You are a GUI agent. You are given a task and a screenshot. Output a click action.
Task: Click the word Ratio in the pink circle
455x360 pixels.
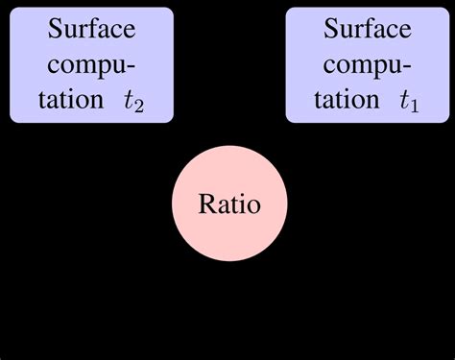(228, 205)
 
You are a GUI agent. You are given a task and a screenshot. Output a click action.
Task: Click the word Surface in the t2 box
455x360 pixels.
(92, 29)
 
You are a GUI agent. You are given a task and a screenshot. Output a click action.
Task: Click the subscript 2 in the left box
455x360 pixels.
(140, 107)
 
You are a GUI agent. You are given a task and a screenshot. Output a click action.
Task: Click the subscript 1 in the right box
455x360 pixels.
(416, 107)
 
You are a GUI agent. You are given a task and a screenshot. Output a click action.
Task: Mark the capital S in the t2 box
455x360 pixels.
(54, 29)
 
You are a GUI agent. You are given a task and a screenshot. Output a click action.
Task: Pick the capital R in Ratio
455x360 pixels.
(205, 204)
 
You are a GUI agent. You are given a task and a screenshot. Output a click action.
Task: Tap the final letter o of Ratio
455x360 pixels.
(252, 207)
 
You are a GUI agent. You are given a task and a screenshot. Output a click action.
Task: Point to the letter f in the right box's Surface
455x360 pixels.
(369, 28)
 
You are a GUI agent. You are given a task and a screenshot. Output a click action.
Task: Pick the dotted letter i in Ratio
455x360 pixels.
(241, 204)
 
